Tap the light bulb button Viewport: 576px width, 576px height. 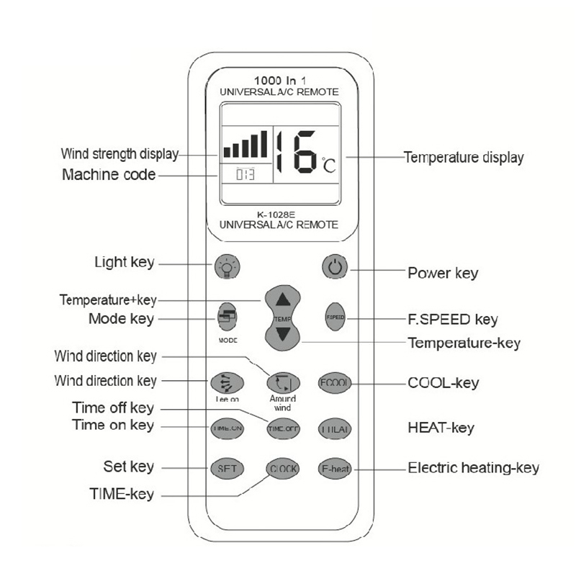(227, 267)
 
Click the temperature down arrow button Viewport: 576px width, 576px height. (282, 335)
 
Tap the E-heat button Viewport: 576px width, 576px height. (335, 469)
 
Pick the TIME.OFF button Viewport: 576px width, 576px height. (282, 428)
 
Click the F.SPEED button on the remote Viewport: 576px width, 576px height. (335, 317)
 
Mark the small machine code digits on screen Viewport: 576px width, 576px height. (246, 174)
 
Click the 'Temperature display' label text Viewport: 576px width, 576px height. (463, 157)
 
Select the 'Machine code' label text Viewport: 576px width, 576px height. (109, 174)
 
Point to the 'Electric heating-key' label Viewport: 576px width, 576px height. (473, 468)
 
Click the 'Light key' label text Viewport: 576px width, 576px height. (124, 262)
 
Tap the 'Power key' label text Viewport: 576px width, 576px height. (443, 273)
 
